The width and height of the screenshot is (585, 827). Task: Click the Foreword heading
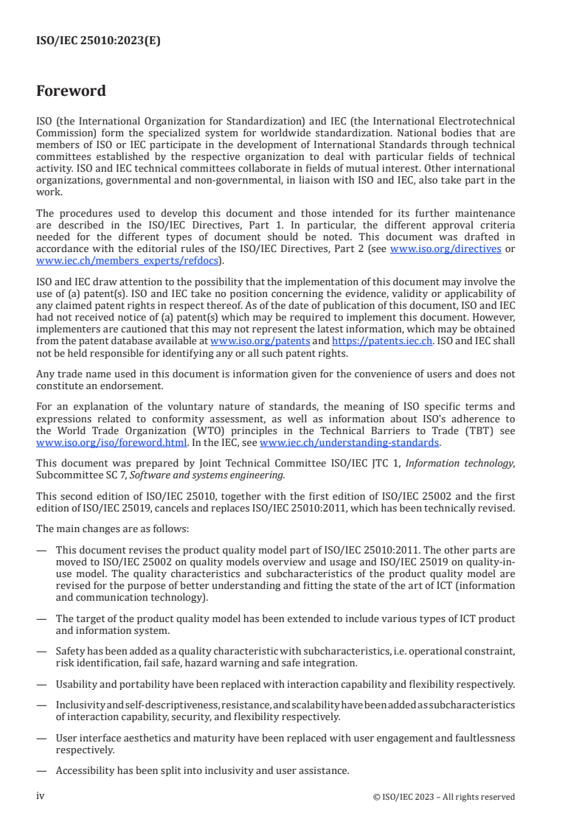click(71, 91)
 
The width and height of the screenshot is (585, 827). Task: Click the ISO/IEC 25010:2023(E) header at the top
click(98, 41)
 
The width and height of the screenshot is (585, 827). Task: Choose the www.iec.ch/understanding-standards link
click(350, 442)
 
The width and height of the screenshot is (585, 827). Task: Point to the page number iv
click(41, 796)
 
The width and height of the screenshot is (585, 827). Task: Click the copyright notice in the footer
click(444, 797)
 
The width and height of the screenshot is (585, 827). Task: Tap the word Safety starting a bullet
click(70, 651)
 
